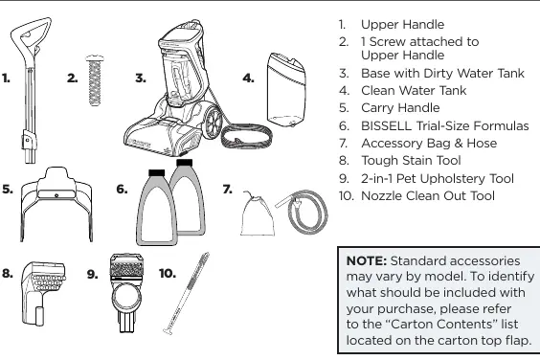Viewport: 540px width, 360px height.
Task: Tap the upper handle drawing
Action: pyautogui.click(x=30, y=90)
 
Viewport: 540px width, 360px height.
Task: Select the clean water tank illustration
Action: pyautogui.click(x=286, y=90)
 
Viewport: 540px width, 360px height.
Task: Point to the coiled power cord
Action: pyautogui.click(x=247, y=136)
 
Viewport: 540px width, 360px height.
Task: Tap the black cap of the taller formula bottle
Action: pyautogui.click(x=184, y=162)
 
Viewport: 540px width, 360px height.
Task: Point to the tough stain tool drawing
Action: pyautogui.click(x=43, y=293)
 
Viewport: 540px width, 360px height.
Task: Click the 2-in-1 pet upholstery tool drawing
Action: pyautogui.click(x=125, y=293)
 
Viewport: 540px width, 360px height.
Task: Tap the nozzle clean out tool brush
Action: pyautogui.click(x=186, y=293)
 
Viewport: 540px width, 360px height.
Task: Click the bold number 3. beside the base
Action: pyautogui.click(x=141, y=79)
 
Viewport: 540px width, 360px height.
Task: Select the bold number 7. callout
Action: pyautogui.click(x=228, y=190)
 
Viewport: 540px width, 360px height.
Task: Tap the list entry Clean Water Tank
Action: pyautogui.click(x=414, y=91)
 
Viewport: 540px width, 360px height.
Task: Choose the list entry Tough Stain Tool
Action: pyautogui.click(x=411, y=161)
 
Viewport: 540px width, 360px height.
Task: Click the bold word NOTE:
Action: pyautogui.click(x=367, y=260)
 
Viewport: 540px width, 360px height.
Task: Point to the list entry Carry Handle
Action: pyautogui.click(x=400, y=108)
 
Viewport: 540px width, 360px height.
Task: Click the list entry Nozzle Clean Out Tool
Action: pyautogui.click(x=428, y=196)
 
